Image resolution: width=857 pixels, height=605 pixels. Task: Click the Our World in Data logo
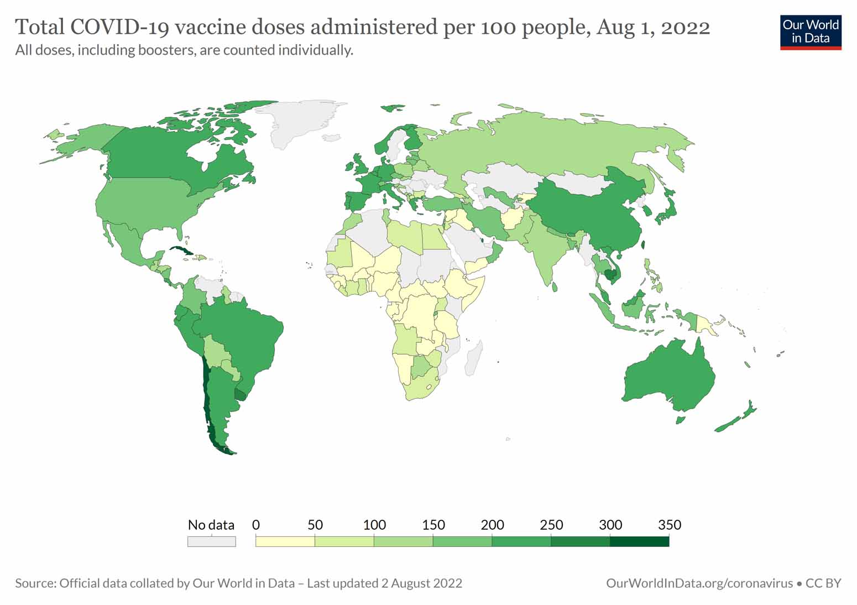(x=811, y=32)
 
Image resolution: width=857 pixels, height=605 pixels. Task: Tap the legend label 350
(x=669, y=525)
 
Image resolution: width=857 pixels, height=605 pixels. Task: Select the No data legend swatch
(x=211, y=542)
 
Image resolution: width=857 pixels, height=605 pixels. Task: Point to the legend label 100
(x=374, y=525)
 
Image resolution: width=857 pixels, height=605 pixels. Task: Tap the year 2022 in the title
(x=686, y=27)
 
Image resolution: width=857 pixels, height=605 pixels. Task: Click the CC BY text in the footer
(x=823, y=583)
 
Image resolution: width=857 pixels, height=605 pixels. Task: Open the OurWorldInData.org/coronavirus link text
(x=699, y=583)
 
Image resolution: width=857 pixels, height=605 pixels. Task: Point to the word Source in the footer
(x=35, y=583)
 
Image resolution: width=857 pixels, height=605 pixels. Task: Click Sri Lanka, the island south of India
(x=555, y=286)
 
